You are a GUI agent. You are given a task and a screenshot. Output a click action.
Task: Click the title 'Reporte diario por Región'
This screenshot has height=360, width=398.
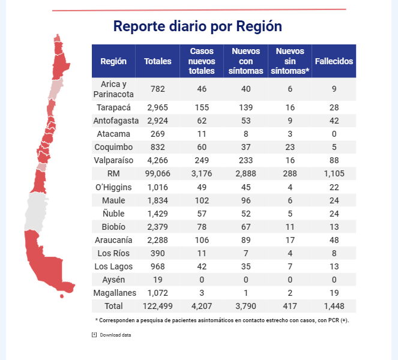pyautogui.click(x=197, y=27)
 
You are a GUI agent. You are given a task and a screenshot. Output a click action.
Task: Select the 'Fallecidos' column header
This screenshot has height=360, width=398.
pyautogui.click(x=334, y=61)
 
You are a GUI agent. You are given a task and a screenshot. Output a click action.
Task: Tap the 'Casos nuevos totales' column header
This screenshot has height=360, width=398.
pyautogui.click(x=202, y=61)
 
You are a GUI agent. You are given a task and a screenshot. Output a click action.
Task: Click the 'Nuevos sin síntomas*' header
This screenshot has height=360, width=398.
pyautogui.click(x=290, y=61)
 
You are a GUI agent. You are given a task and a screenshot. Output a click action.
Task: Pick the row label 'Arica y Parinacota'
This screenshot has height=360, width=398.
pyautogui.click(x=113, y=89)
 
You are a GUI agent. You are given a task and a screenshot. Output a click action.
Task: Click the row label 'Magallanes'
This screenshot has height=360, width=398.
pyautogui.click(x=113, y=293)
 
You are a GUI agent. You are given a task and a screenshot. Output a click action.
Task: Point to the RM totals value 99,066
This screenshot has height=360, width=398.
pyautogui.click(x=158, y=173)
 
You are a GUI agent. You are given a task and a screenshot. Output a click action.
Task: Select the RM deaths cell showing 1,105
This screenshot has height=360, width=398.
pyautogui.click(x=334, y=173)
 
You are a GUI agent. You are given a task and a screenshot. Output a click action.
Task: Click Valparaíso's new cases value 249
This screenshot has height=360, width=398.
pyautogui.click(x=202, y=160)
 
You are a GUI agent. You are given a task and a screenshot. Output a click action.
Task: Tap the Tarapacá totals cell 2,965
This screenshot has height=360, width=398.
pyautogui.click(x=158, y=107)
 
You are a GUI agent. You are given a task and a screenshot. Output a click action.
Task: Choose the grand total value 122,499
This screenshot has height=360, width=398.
pyautogui.click(x=158, y=306)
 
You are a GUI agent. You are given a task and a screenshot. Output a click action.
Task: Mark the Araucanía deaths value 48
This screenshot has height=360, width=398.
pyautogui.click(x=334, y=240)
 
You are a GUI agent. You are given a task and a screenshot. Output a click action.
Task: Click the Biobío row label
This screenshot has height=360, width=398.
pyautogui.click(x=113, y=226)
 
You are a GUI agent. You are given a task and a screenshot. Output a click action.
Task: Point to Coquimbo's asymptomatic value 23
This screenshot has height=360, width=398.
pyautogui.click(x=290, y=147)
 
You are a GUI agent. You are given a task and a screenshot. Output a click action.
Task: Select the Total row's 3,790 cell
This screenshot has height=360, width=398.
pyautogui.click(x=246, y=306)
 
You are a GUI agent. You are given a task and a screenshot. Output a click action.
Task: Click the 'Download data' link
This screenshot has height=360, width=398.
pyautogui.click(x=115, y=335)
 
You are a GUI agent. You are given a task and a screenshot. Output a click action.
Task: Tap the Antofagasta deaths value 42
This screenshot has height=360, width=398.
pyautogui.click(x=334, y=121)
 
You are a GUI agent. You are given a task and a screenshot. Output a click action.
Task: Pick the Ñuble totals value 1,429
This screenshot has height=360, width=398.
pyautogui.click(x=158, y=213)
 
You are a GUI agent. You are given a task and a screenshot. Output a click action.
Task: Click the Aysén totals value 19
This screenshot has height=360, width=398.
pyautogui.click(x=158, y=280)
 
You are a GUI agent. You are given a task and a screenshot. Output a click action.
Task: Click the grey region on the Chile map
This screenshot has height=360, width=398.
pyautogui.click(x=36, y=210)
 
